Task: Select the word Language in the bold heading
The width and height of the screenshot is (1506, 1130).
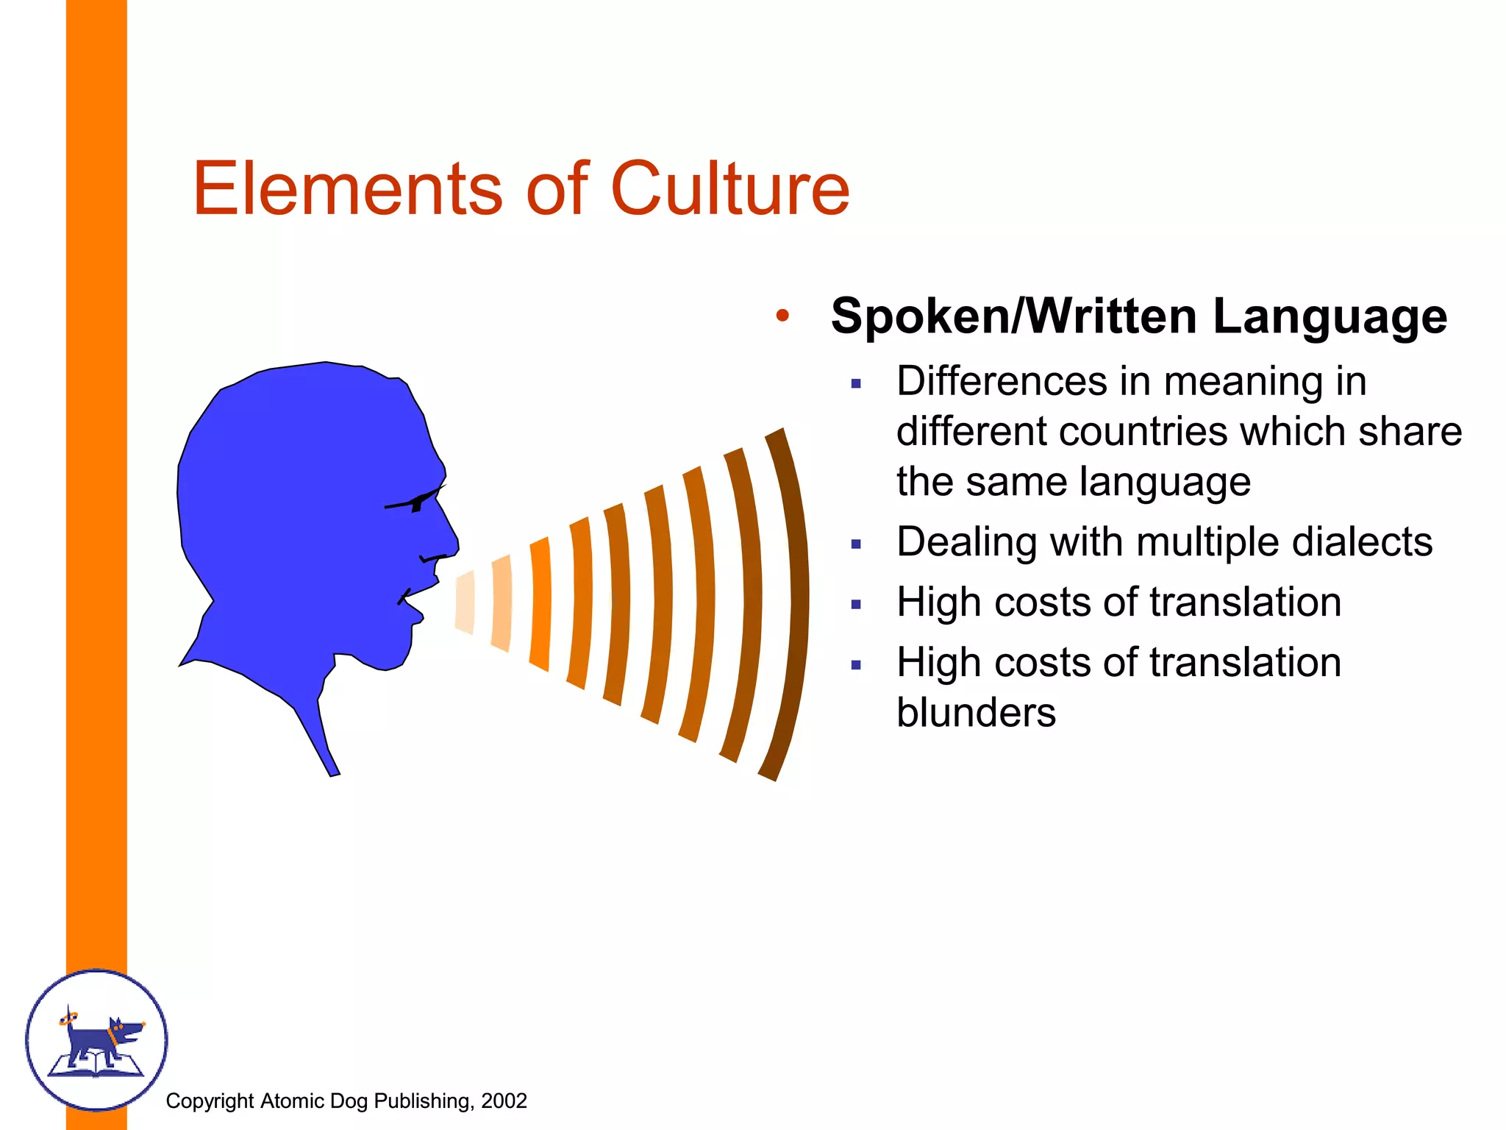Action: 1330,316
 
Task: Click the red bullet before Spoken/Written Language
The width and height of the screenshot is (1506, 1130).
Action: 782,316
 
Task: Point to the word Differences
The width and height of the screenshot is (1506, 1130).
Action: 1002,382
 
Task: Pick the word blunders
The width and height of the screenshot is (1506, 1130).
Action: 976,712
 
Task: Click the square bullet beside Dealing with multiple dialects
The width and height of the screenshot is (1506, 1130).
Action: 856,544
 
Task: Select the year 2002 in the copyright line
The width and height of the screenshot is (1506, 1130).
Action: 504,1101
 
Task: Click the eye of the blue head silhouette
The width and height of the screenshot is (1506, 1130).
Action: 418,503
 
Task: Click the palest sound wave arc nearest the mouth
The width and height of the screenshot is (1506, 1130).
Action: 465,602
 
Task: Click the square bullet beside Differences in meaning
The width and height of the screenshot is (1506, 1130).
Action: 856,383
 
